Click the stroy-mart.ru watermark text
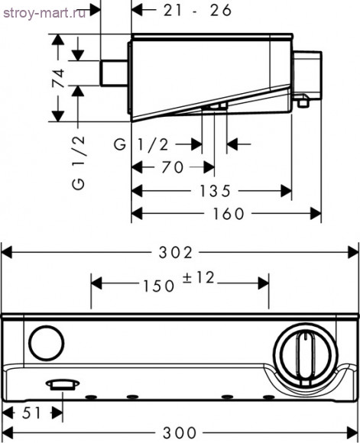pyautogui.click(x=44, y=13)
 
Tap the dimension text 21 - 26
pyautogui.click(x=198, y=11)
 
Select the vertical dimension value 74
pyautogui.click(x=59, y=78)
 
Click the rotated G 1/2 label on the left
pyautogui.click(x=78, y=163)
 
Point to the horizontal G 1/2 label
pyautogui.click(x=141, y=144)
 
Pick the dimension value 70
pyautogui.click(x=173, y=167)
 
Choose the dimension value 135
pyautogui.click(x=216, y=191)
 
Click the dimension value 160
pyautogui.click(x=229, y=214)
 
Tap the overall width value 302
pyautogui.click(x=176, y=252)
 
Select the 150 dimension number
pyautogui.click(x=159, y=286)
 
